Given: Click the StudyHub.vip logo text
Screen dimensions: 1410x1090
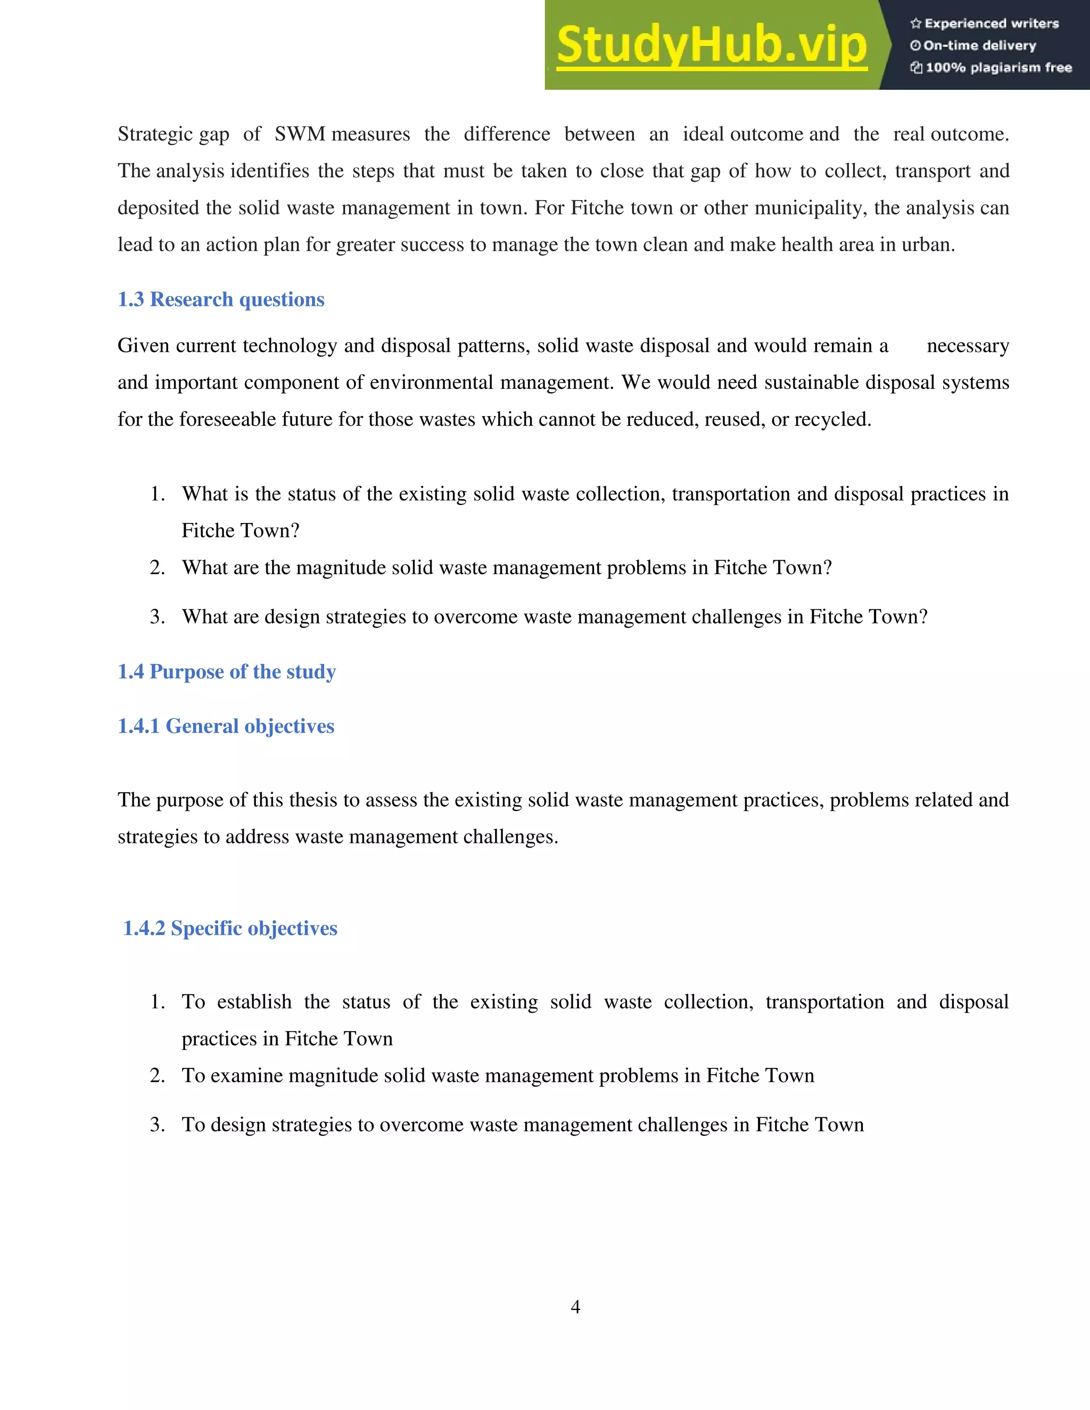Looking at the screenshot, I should pyautogui.click(x=711, y=45).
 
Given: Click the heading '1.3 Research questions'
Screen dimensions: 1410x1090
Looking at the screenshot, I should pyautogui.click(x=221, y=300).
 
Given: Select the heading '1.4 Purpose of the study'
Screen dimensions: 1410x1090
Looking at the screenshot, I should pyautogui.click(x=227, y=671).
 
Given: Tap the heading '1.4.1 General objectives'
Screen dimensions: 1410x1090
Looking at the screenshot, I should pyautogui.click(x=226, y=726).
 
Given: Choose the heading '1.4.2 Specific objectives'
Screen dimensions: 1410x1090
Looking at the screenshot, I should pyautogui.click(x=230, y=928).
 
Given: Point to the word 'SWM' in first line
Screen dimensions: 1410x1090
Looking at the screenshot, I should pyautogui.click(x=300, y=134).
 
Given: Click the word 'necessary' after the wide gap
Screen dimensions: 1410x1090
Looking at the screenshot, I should pyautogui.click(x=967, y=346).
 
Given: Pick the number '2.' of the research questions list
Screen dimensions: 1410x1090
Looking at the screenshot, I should pyautogui.click(x=157, y=568).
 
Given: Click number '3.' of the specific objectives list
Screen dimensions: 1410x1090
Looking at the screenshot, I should pyautogui.click(x=157, y=1125).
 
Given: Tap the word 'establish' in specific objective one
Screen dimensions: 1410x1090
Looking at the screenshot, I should pyautogui.click(x=254, y=1002).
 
